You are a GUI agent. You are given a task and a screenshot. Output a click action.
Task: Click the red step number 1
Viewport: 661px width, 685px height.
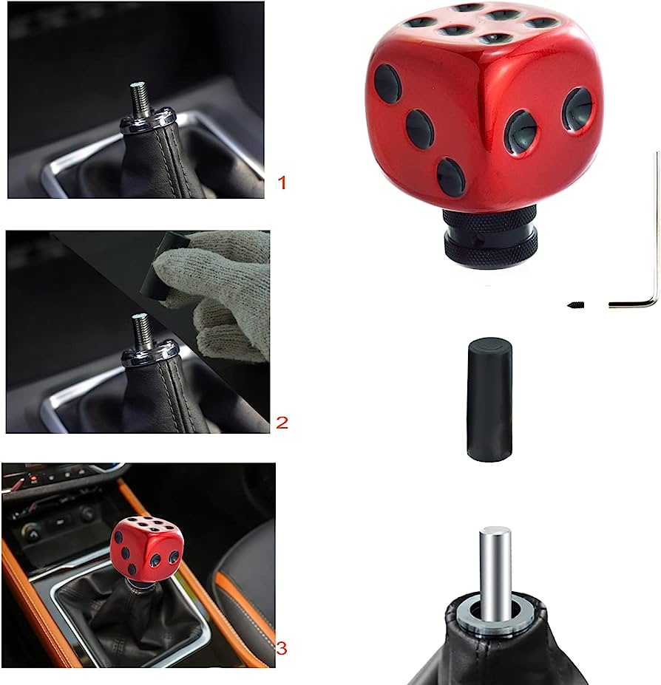coord(281,182)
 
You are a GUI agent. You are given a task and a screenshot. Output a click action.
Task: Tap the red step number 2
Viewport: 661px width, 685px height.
coord(282,423)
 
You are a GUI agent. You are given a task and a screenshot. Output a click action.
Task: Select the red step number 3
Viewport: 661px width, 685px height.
coord(282,648)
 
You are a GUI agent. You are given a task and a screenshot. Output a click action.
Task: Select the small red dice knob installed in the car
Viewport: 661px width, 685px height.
coord(147,548)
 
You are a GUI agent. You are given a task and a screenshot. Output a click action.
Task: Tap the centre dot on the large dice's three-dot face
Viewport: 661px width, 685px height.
coord(419,129)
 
